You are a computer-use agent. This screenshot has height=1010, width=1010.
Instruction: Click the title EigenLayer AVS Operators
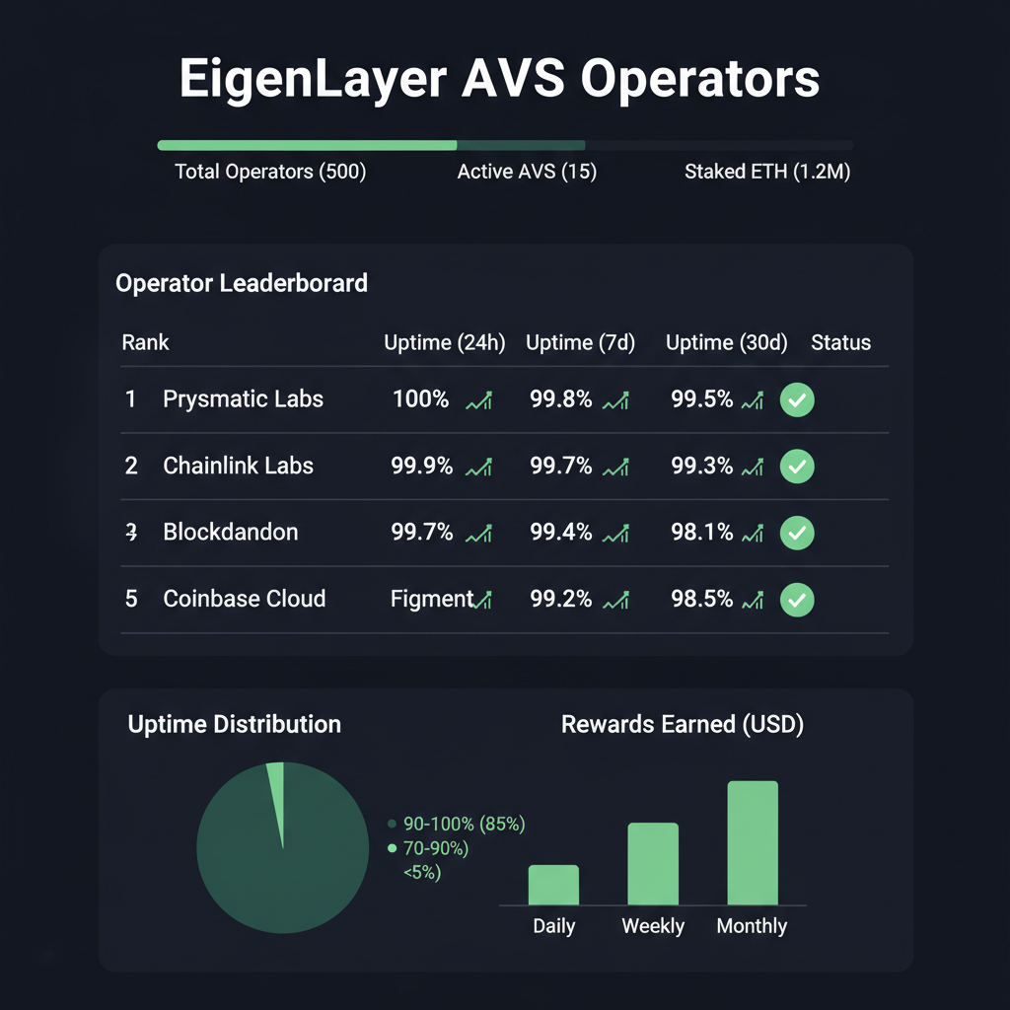point(499,80)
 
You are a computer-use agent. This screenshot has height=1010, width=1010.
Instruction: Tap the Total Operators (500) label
point(270,172)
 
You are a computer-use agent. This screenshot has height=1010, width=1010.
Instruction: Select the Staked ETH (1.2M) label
point(767,172)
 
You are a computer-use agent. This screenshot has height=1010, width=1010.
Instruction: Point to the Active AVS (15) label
point(527,172)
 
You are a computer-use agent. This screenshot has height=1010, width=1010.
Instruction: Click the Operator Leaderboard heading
point(242,284)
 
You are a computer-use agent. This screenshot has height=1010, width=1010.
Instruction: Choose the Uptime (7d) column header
point(580,343)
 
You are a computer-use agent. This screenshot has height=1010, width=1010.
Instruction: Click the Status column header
point(840,343)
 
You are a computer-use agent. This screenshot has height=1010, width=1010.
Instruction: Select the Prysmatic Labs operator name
point(243,399)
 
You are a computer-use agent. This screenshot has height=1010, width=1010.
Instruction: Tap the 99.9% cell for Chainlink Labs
point(421,466)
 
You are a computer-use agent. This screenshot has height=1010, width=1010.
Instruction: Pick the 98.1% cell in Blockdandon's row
point(702,533)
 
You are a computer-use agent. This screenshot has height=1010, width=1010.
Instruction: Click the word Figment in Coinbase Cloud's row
point(432,599)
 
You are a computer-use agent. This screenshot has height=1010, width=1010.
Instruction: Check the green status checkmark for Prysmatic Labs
point(797,400)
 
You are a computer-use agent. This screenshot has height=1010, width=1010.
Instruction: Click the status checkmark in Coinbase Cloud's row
point(797,599)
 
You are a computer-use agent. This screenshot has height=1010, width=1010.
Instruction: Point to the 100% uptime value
point(420,399)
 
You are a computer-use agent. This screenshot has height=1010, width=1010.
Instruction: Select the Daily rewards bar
point(553,885)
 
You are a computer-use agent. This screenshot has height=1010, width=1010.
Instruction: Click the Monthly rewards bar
point(753,843)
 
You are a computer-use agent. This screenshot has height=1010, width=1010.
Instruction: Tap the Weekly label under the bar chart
point(653,926)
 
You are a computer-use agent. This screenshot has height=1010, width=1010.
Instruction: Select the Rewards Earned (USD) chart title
point(683,725)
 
